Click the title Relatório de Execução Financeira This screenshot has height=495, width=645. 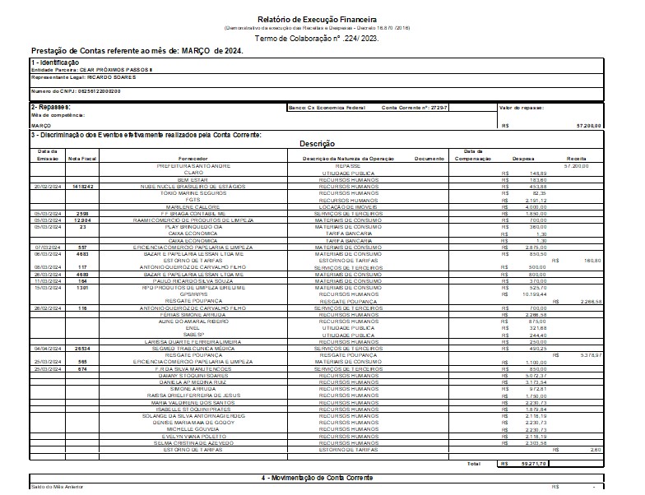click(x=317, y=18)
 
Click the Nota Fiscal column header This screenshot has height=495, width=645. click(x=83, y=158)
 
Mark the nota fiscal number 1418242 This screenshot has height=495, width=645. click(x=83, y=186)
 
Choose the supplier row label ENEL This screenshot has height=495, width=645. click(x=193, y=327)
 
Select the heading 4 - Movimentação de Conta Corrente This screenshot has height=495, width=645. click(x=317, y=477)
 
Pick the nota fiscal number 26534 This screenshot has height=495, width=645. click(x=83, y=348)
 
